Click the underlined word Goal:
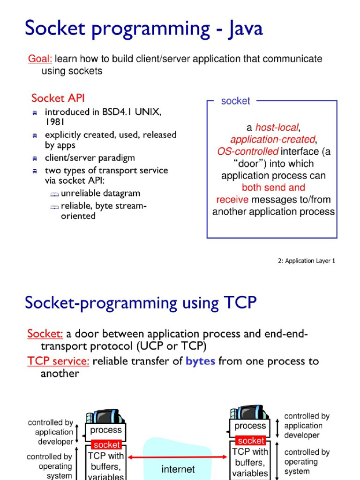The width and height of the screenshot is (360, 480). click(40, 59)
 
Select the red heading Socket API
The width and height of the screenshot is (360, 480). click(58, 98)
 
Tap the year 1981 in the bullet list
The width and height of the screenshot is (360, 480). click(55, 122)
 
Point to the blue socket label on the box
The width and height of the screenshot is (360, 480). click(235, 101)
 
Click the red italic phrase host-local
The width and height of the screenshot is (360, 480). click(277, 127)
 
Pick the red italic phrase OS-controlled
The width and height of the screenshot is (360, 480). click(248, 151)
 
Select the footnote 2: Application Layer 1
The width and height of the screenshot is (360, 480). click(307, 261)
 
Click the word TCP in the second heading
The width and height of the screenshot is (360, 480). click(238, 303)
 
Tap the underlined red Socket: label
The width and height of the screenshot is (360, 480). click(45, 334)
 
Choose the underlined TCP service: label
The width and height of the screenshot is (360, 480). click(58, 361)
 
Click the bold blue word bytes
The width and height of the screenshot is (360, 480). click(200, 361)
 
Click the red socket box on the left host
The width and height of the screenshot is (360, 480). click(106, 444)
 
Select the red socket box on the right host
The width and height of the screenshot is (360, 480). click(251, 441)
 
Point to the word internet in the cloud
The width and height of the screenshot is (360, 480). click(178, 469)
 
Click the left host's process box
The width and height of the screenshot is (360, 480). click(106, 430)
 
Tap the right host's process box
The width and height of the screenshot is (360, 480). click(250, 427)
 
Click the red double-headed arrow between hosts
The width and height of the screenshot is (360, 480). click(178, 457)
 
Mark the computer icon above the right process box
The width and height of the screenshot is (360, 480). click(248, 413)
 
